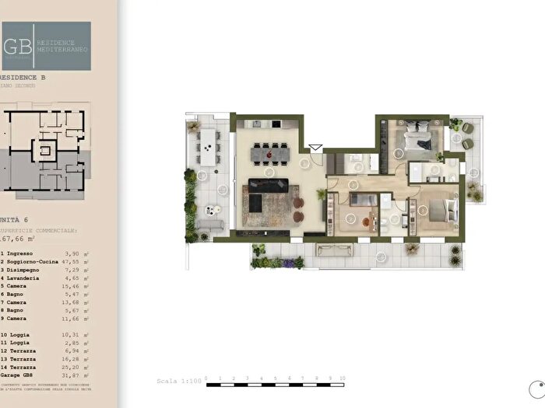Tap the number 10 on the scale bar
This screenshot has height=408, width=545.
point(342,378)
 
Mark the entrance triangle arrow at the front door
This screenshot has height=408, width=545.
point(315,146)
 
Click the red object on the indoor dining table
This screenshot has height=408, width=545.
point(270,155)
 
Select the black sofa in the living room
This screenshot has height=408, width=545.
point(268,187)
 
